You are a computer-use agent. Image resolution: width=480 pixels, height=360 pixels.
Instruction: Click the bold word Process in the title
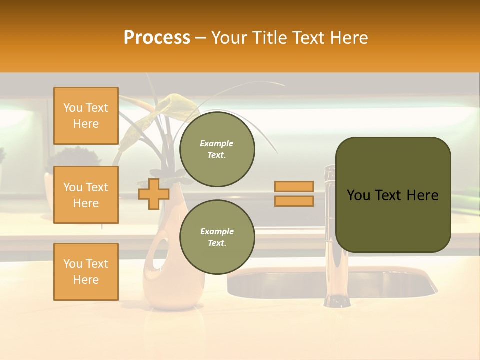(157, 37)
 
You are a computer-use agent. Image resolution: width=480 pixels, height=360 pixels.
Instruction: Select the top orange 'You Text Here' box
(86, 116)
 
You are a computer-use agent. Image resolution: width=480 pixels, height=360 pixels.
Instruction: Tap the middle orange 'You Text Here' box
(86, 195)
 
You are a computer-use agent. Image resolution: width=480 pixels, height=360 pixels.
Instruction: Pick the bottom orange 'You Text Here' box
(86, 272)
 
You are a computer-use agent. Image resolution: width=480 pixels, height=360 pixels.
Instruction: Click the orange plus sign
(154, 194)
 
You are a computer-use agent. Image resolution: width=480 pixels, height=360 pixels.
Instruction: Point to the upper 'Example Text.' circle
(217, 149)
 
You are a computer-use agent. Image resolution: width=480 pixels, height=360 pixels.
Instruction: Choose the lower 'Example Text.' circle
(217, 237)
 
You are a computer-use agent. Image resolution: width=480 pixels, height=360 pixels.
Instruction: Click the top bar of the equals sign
(294, 186)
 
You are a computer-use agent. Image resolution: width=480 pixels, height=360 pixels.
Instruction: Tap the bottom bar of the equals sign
(294, 201)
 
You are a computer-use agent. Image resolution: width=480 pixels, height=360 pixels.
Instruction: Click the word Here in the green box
(422, 195)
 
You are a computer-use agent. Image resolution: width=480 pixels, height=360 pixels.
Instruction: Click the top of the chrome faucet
(329, 172)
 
